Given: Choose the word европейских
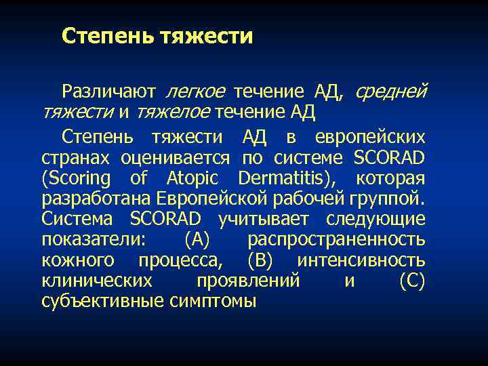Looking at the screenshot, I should point(370,138).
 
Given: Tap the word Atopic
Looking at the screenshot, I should point(193,179).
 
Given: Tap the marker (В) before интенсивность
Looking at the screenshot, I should point(261,260).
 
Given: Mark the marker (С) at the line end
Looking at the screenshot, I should point(412,281).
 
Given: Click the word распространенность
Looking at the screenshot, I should point(336,240).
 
